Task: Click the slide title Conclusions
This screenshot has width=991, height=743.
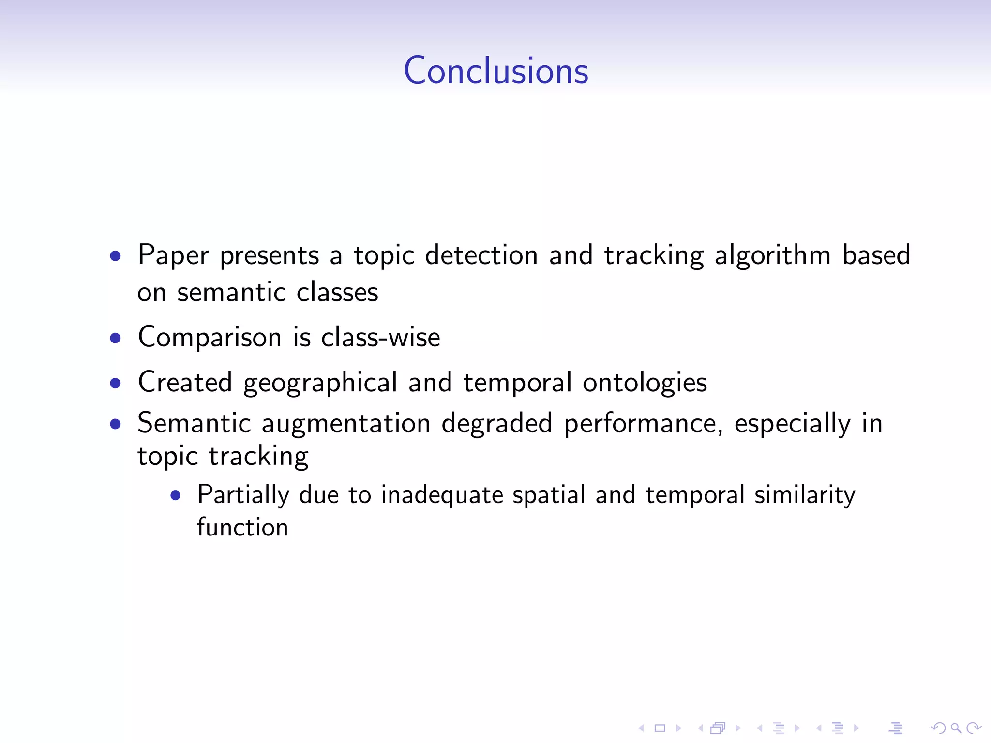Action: [496, 71]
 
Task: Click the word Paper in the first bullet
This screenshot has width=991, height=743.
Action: [173, 255]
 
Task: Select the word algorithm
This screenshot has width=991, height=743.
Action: [772, 255]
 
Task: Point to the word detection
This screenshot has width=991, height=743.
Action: [481, 255]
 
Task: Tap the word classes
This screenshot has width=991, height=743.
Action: [337, 292]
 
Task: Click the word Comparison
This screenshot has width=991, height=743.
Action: [210, 337]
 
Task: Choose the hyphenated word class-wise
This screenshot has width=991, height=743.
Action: [381, 337]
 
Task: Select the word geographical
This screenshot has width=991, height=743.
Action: [320, 383]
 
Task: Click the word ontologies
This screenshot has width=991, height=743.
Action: [645, 383]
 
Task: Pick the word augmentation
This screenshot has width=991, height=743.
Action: [346, 423]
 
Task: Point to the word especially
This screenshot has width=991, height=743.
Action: [792, 424]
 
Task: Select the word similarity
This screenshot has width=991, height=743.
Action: [805, 495]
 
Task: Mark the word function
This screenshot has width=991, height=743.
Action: [242, 527]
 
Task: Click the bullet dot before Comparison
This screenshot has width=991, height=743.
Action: [115, 338]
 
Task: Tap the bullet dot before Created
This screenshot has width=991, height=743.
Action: [115, 383]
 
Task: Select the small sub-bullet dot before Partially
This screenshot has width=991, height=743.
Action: [175, 495]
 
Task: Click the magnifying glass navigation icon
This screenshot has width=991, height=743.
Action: [956, 728]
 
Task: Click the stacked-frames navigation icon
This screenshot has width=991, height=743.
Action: [718, 728]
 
